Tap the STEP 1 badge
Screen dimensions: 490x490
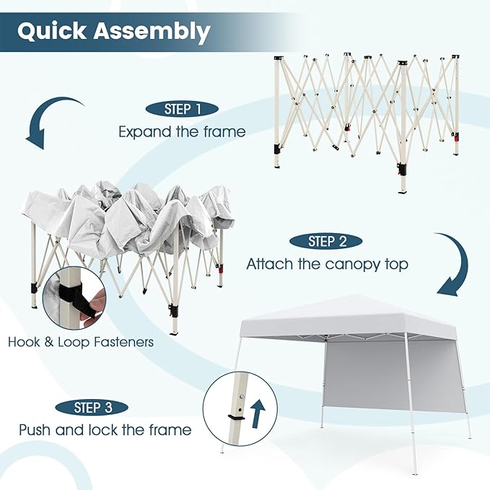pos(183,110)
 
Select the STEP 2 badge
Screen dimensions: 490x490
pos(325,241)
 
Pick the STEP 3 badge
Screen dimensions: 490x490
pos(92,408)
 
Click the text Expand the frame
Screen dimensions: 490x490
pos(182,132)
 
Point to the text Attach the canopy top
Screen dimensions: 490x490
pos(327,264)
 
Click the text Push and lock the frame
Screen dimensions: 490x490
pos(105,430)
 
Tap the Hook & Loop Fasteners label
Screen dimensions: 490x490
pos(81,342)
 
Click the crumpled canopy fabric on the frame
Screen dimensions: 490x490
pos(130,216)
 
